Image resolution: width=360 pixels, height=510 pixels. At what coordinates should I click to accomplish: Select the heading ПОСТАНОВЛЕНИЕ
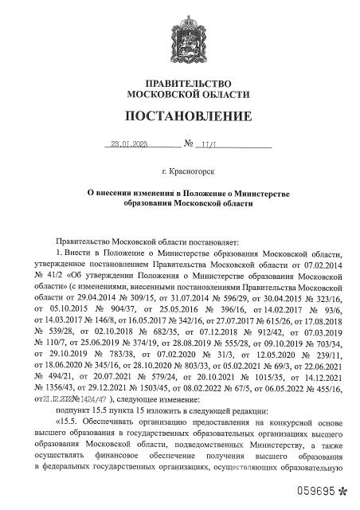click(179, 116)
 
